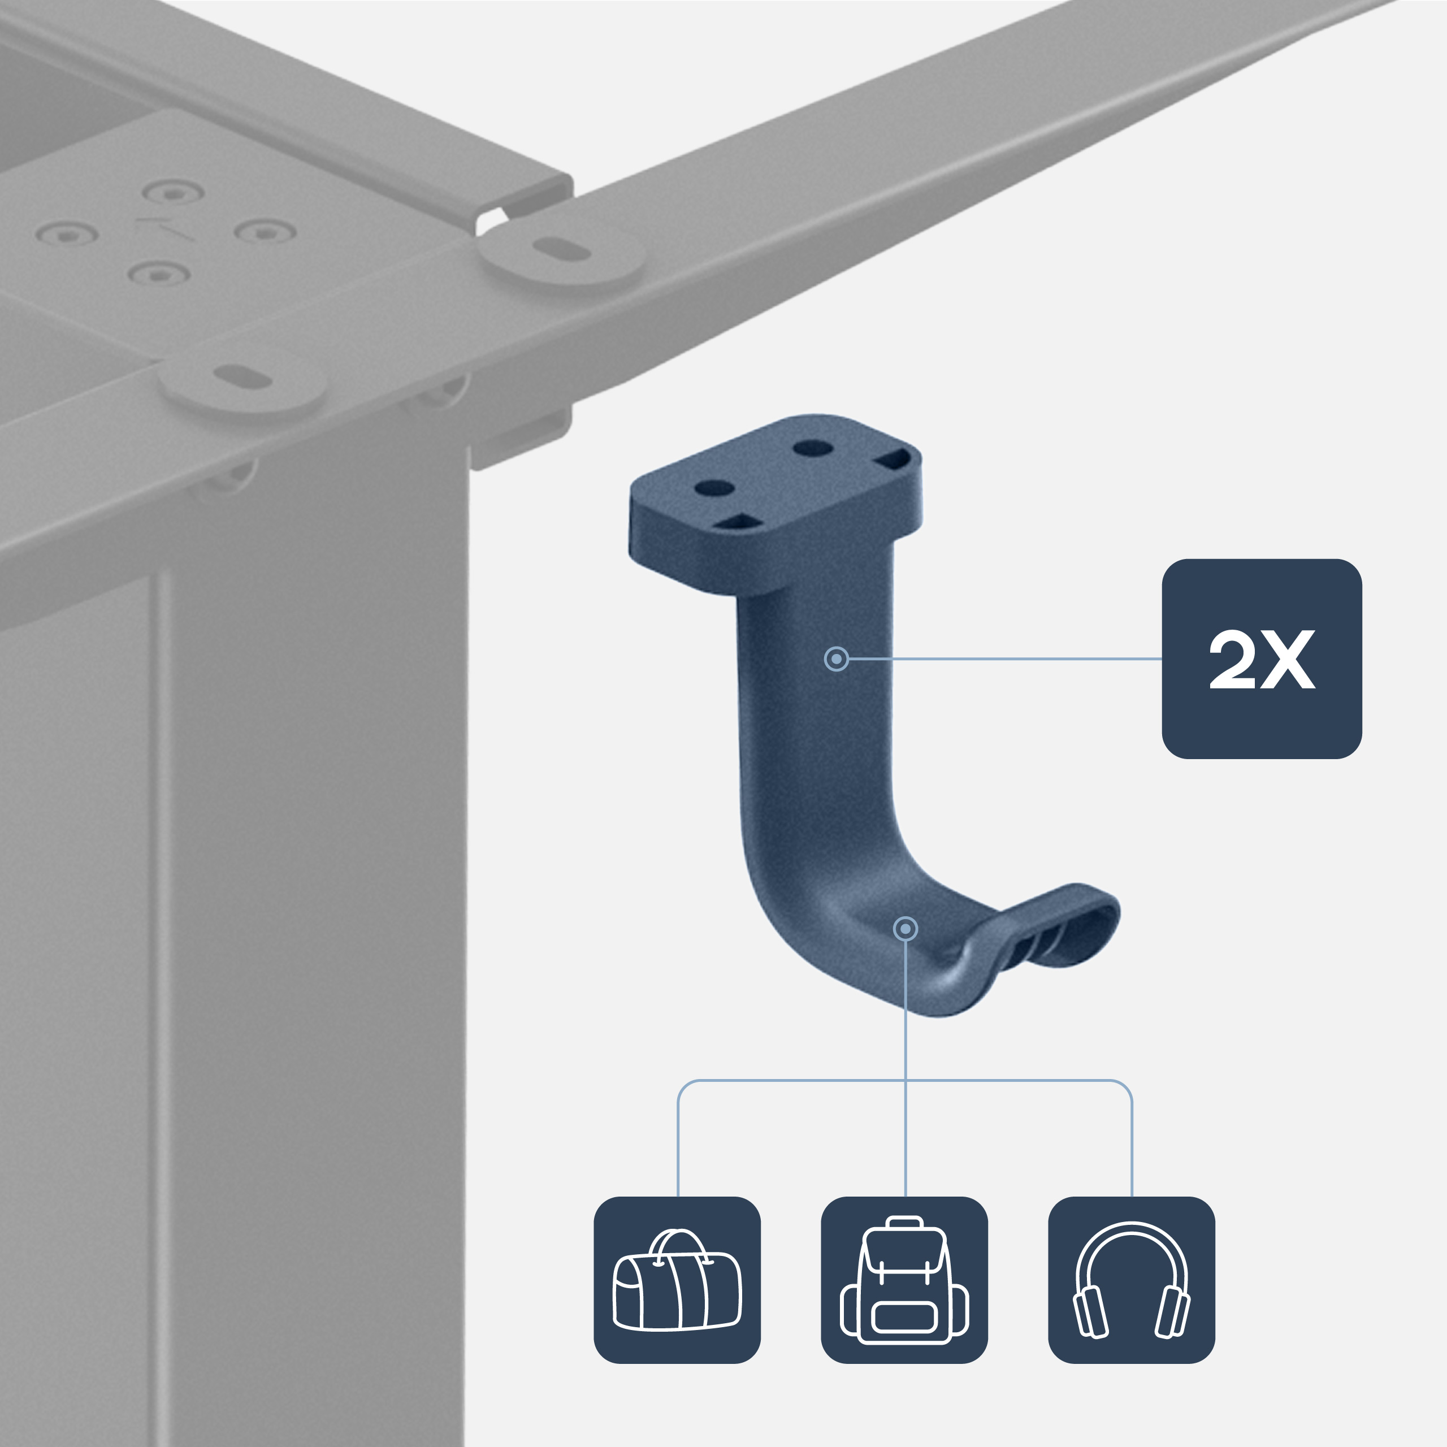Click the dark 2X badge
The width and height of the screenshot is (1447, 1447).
[1261, 658]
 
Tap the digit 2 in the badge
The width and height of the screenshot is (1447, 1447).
[1231, 659]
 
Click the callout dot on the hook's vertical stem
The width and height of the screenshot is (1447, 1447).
[836, 659]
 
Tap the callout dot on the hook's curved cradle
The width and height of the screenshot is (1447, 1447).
[906, 929]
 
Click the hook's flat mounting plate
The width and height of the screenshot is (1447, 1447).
[775, 479]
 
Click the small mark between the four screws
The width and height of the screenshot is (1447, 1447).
[165, 229]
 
